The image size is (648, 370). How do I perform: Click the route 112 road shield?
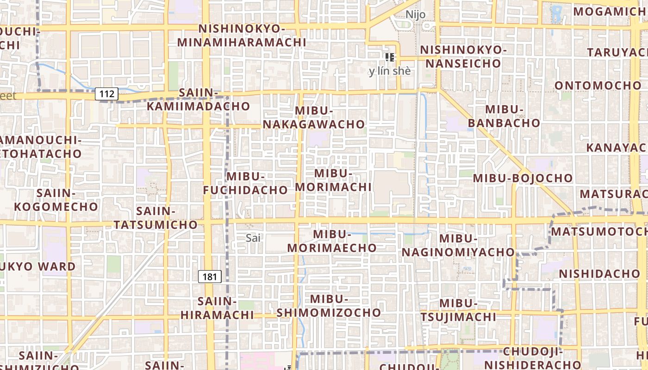[106, 94]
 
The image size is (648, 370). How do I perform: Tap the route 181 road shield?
[210, 277]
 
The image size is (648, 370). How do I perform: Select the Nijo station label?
[415, 14]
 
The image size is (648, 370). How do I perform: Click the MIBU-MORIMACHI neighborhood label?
[333, 180]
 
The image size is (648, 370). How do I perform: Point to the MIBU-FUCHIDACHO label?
[245, 183]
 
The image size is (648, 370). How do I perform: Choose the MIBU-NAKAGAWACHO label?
[314, 117]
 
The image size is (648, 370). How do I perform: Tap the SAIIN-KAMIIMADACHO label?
[199, 99]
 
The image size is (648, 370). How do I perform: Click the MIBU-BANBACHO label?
[504, 116]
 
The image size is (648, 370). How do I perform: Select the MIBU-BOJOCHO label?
[523, 178]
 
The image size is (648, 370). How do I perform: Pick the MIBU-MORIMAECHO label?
[332, 241]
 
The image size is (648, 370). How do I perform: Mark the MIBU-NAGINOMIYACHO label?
[458, 245]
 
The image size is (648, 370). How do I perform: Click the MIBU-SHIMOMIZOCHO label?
[329, 306]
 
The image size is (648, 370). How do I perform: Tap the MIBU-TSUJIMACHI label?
[458, 310]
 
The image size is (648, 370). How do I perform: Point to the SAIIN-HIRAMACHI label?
[217, 308]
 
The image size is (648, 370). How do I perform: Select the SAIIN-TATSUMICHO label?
[156, 218]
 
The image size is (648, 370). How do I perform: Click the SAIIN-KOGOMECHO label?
[56, 200]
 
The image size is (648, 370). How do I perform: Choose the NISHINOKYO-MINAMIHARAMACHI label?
[242, 36]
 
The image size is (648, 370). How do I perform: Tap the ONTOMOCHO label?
[598, 86]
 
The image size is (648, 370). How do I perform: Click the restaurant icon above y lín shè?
[390, 57]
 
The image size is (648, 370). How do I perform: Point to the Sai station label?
[254, 238]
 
